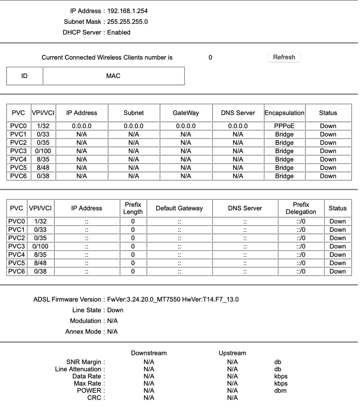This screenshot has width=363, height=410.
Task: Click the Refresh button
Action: pos(284,57)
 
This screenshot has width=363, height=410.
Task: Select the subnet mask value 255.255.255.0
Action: pos(127,22)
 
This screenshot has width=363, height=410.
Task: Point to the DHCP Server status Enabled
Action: pos(119,32)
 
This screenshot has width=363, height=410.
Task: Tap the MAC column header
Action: pos(113,76)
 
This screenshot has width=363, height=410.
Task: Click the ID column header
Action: pos(25,76)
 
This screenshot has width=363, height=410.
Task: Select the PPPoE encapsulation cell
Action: pos(284,126)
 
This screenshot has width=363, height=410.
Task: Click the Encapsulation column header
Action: pos(284,113)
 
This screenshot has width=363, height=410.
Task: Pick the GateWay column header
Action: pos(186,113)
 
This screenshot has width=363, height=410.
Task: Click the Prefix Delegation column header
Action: pos(301,208)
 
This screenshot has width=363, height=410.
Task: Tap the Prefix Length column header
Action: pos(133,208)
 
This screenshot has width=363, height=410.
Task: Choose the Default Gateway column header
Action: pos(179,208)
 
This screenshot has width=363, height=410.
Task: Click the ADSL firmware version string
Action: pos(173,300)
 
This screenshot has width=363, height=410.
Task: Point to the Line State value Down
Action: pos(115,310)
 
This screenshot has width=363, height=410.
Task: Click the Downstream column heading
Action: pos(149,353)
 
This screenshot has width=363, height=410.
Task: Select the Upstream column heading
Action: pos(232,353)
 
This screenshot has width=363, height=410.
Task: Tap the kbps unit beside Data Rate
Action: pos(281,376)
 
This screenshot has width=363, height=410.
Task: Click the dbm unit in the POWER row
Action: pos(280,390)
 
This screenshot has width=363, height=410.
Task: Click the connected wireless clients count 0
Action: pos(210,57)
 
